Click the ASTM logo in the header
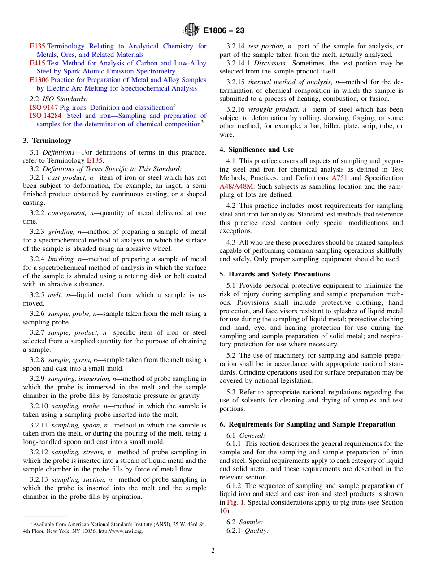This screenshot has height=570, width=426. (192, 30)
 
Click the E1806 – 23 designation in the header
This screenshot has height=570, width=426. (224, 31)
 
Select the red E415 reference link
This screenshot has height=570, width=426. (37, 63)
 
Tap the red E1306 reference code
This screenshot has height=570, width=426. (39, 80)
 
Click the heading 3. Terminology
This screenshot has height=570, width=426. (47, 141)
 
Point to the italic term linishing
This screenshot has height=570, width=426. (62, 259)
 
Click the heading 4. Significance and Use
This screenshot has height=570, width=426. (256, 150)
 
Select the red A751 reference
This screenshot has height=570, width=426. (339, 178)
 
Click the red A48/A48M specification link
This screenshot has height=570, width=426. (236, 186)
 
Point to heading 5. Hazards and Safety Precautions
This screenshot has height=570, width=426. (274, 274)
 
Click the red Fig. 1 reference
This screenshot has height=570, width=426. (235, 502)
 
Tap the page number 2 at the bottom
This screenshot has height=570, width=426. (213, 551)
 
